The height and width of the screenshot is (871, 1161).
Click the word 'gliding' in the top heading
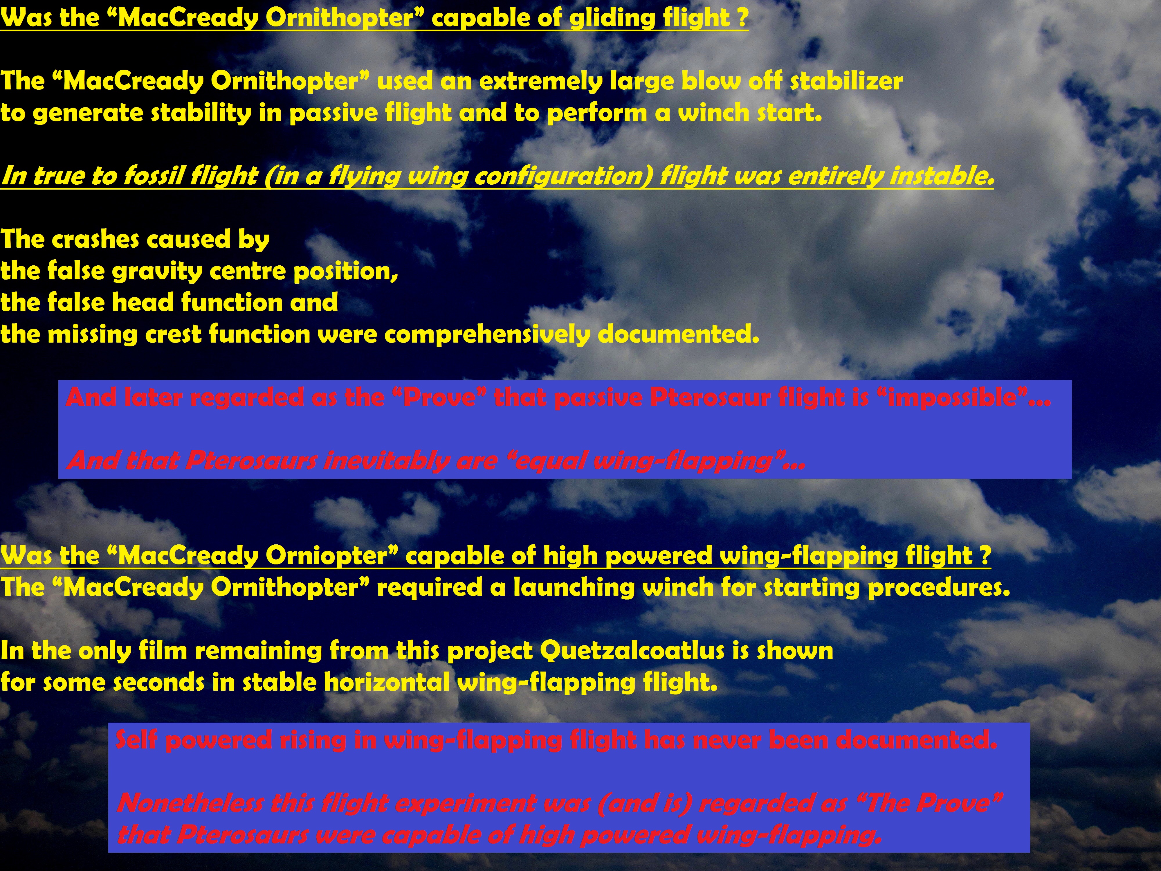point(612,18)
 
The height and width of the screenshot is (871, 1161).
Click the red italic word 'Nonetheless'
point(190,803)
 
